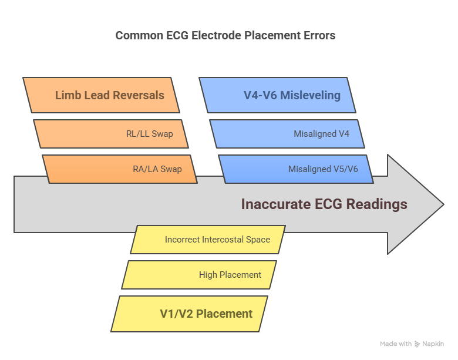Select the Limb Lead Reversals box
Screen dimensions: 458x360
tap(102, 95)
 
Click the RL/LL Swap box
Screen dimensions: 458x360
tap(111, 134)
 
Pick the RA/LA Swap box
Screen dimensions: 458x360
tap(120, 169)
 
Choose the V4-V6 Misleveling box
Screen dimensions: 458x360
tap(278, 95)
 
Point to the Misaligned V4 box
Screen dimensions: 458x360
tap(287, 134)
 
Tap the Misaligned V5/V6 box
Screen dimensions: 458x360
tap(296, 169)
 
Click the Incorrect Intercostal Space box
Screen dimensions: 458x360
tap(208, 240)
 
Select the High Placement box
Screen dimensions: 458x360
tap(199, 275)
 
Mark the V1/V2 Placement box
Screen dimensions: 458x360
tap(189, 314)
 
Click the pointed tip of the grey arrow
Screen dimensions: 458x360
tap(444, 204)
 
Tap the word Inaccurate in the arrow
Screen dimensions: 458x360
tap(276, 204)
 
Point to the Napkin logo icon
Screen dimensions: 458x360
tap(417, 344)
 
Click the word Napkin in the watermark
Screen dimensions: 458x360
tap(433, 344)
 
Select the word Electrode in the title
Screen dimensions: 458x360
tap(216, 35)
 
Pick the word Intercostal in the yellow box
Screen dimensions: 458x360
tap(223, 240)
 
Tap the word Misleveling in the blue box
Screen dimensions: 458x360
tap(311, 96)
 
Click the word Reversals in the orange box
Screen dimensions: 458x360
tap(139, 95)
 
